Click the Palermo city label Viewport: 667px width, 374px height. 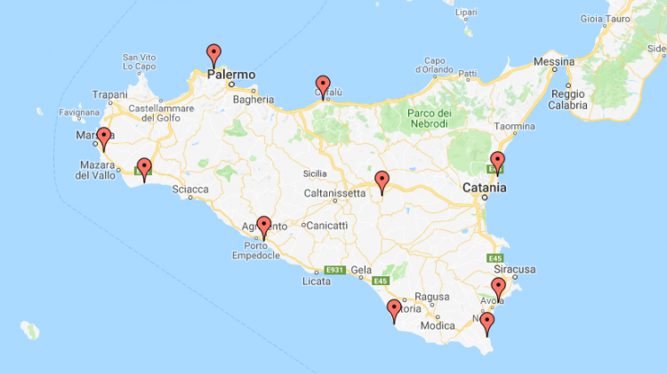[x=231, y=75]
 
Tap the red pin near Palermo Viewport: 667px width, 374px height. [x=213, y=54]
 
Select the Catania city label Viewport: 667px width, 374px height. [x=484, y=187]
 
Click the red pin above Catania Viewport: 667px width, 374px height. [x=497, y=163]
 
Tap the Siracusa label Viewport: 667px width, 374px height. [x=515, y=268]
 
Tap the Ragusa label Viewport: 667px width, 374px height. [x=435, y=298]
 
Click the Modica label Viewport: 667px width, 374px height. [x=438, y=325]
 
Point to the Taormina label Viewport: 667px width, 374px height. [x=515, y=126]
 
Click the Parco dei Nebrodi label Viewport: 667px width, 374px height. [x=430, y=119]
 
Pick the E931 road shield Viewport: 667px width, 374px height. [x=334, y=270]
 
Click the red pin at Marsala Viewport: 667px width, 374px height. [x=103, y=138]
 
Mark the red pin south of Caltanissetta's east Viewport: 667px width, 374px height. [x=382, y=181]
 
